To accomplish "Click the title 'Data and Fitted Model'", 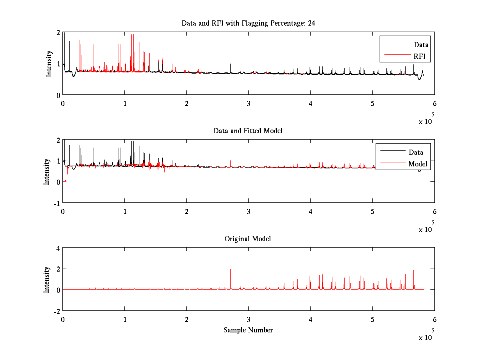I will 248,131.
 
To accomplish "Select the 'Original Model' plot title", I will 248,239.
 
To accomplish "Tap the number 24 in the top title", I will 311,23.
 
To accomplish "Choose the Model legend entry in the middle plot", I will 418,164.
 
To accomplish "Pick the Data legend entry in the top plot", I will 421,44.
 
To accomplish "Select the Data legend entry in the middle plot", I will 416,152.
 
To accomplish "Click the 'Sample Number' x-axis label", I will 248,330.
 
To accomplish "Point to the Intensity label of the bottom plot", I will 47,280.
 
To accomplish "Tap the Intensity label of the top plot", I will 49,63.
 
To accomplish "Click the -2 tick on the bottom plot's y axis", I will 56,311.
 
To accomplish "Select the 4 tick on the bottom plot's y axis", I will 58,248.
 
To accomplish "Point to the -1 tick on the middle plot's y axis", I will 56,203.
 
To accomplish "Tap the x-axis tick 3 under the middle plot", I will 248,211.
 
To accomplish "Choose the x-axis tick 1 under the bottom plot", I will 125,320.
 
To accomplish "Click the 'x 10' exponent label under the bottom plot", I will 425,338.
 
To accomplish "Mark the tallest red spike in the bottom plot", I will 227,266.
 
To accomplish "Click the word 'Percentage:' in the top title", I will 285,23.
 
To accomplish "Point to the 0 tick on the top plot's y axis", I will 58,95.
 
